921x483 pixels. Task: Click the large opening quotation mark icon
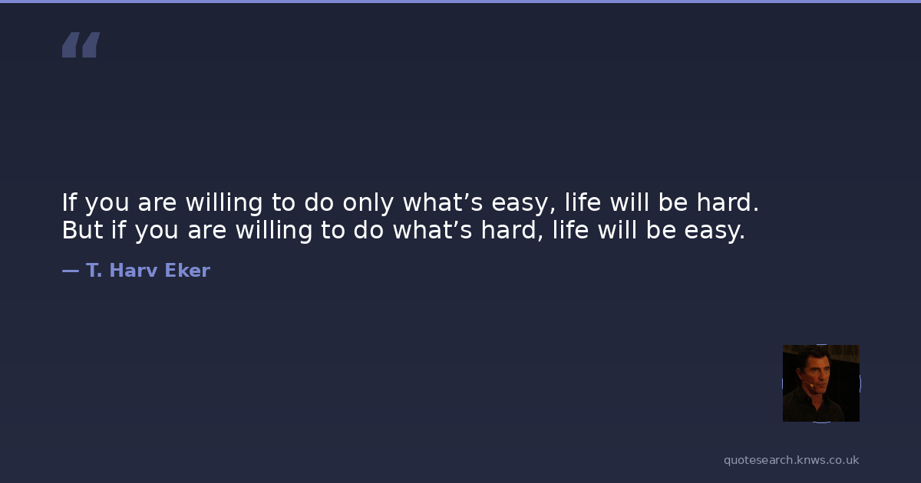coord(81,44)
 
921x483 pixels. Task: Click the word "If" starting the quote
coord(69,202)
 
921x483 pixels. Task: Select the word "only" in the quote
coord(368,203)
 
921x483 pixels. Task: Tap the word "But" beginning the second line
coord(82,229)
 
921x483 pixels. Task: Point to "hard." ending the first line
coord(728,202)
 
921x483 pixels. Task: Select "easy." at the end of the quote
coord(715,232)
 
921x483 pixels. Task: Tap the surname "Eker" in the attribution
coord(187,270)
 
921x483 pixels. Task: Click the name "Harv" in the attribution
coord(134,270)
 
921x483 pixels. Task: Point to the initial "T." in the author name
coord(94,270)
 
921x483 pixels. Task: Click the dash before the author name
coord(71,271)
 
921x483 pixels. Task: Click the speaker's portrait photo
coord(821,383)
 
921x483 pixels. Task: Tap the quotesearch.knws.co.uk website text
coord(791,460)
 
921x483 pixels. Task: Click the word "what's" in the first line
coord(443,202)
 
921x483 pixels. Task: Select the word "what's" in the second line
coord(433,229)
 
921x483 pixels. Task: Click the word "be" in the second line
coord(661,229)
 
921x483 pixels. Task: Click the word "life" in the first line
coord(583,202)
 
